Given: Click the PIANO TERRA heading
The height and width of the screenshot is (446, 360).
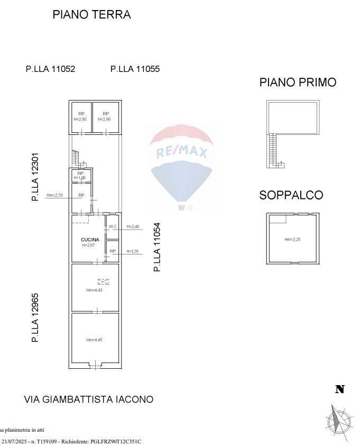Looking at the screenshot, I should point(91,15).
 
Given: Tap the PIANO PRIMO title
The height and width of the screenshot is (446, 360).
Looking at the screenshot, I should point(298,83).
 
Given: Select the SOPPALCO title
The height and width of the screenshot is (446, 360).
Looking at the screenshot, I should point(291,195).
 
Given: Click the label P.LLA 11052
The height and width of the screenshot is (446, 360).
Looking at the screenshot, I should point(51,69).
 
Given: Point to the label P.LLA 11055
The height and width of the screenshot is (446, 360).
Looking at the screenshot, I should point(135,69).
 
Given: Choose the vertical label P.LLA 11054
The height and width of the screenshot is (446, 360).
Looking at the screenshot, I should point(157,247).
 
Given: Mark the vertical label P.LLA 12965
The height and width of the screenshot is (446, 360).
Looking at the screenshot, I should point(35,317).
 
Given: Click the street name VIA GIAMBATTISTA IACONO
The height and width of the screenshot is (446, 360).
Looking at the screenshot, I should point(89,399).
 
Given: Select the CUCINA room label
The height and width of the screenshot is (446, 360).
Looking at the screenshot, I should point(90,240).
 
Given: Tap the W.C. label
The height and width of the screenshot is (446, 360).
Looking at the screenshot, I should point(113,227).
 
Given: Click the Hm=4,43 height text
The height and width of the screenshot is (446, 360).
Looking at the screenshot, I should point(94,290).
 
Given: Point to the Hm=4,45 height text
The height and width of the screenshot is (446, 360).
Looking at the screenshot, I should point(94,340).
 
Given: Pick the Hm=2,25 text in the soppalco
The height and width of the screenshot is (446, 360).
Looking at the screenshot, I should point(292,240).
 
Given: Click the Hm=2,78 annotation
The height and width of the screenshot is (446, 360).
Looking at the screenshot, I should point(54,195).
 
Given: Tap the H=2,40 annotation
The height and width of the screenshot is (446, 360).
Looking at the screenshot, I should point(132,227).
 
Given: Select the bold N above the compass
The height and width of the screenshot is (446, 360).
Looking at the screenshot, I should point(340,390).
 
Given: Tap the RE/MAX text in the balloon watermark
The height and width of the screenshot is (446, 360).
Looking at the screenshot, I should point(181,153).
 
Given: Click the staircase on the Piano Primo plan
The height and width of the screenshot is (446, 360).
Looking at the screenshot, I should point(273,150).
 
